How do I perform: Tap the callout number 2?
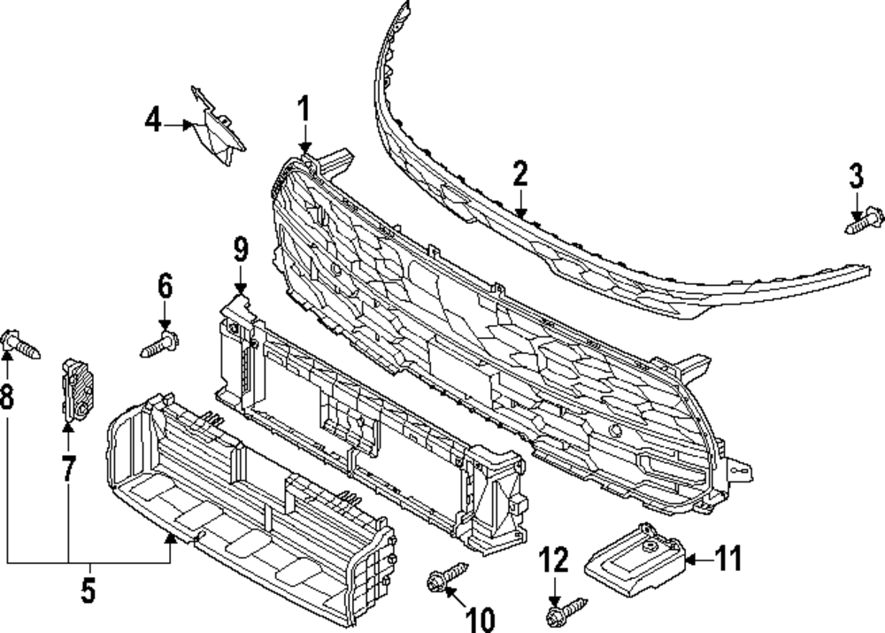[519, 174]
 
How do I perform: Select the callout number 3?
[856, 177]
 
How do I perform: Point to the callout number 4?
[154, 120]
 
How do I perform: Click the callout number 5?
[88, 591]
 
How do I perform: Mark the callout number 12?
[552, 560]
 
